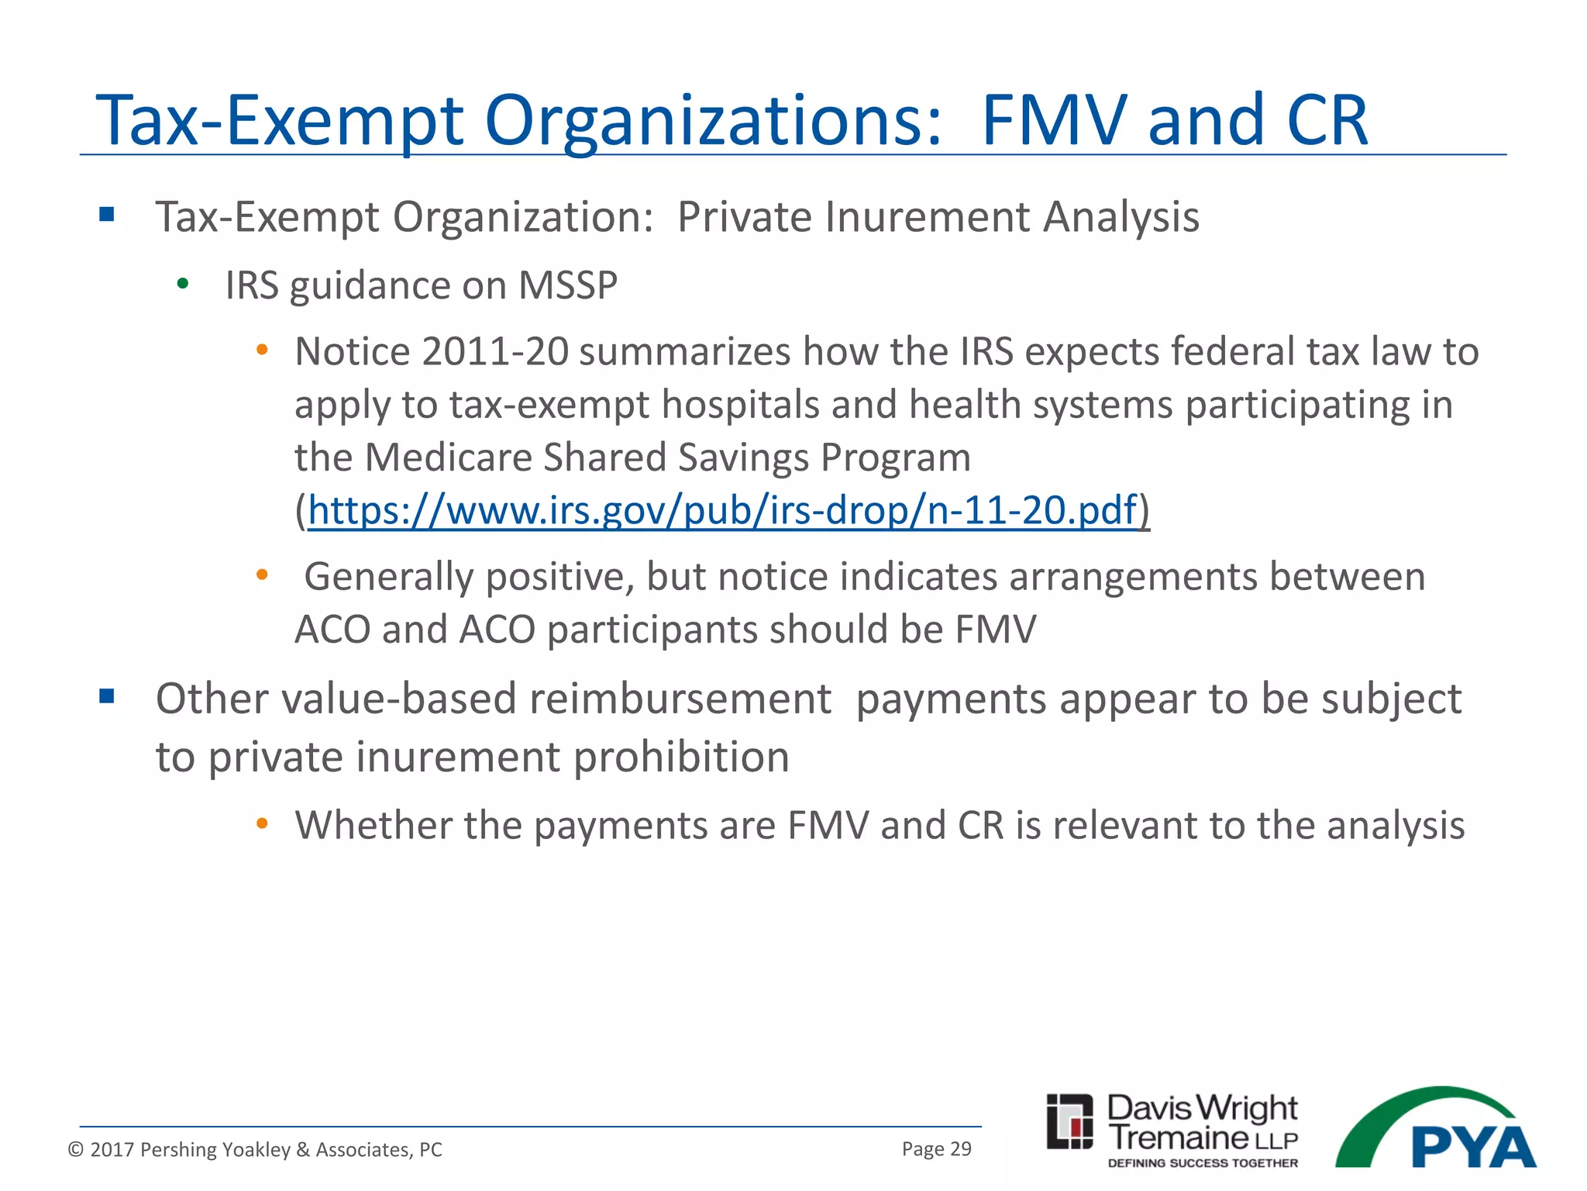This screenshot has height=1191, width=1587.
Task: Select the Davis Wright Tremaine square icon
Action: tap(1069, 1121)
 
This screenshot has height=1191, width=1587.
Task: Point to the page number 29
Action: tap(960, 1148)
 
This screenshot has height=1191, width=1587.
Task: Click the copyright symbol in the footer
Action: tap(75, 1149)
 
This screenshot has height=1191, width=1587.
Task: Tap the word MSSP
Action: tap(568, 285)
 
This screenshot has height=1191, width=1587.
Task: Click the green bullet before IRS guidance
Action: tap(183, 285)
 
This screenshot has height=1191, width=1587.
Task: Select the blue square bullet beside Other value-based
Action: tap(107, 696)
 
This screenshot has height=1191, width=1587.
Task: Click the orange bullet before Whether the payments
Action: tap(262, 823)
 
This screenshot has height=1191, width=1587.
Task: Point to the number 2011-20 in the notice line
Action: tap(495, 351)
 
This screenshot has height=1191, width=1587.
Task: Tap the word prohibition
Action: tap(681, 757)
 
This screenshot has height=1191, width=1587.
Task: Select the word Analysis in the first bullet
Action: tap(1121, 216)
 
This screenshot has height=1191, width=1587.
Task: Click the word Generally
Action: tap(387, 577)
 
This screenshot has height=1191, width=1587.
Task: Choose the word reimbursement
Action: tap(680, 699)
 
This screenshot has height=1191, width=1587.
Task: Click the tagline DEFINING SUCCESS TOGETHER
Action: tap(1203, 1163)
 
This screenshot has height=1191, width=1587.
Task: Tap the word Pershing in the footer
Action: tap(177, 1149)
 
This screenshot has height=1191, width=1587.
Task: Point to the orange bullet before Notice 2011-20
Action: tap(262, 350)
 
